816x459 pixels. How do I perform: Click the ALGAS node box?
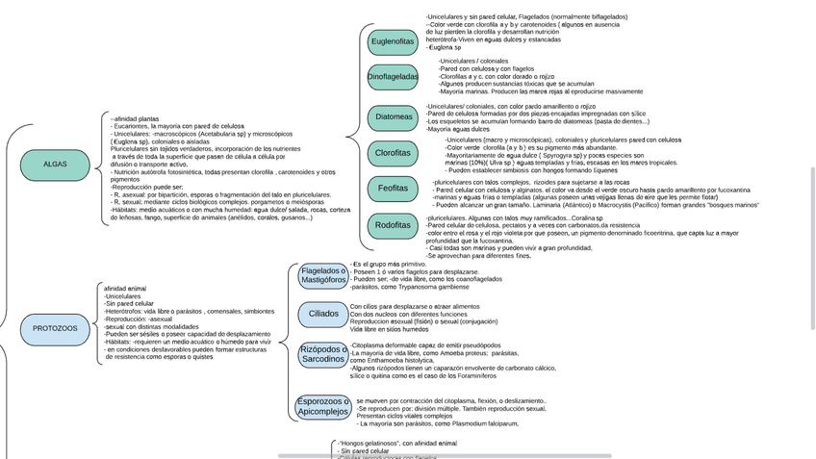pyautogui.click(x=55, y=165)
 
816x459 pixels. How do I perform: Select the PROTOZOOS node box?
pyautogui.click(x=55, y=329)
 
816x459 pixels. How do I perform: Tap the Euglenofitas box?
pyautogui.click(x=393, y=41)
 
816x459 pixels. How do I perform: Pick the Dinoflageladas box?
pyautogui.click(x=393, y=76)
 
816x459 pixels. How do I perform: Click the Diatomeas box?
pyautogui.click(x=394, y=117)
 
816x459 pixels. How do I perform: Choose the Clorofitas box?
pyautogui.click(x=393, y=153)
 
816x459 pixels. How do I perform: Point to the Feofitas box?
pyautogui.click(x=393, y=189)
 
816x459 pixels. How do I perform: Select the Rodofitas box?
pyautogui.click(x=393, y=225)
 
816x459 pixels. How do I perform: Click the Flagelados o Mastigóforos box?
pyautogui.click(x=322, y=276)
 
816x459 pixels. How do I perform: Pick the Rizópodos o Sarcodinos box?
pyautogui.click(x=322, y=354)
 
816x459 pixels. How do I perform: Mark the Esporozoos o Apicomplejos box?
pyautogui.click(x=322, y=406)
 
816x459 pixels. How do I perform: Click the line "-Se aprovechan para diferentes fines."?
pyautogui.click(x=478, y=256)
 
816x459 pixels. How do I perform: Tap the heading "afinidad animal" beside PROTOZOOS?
pyautogui.click(x=125, y=288)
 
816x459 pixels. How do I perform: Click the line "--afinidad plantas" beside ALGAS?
pyautogui.click(x=135, y=118)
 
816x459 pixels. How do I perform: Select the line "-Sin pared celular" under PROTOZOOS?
pyautogui.click(x=129, y=304)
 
